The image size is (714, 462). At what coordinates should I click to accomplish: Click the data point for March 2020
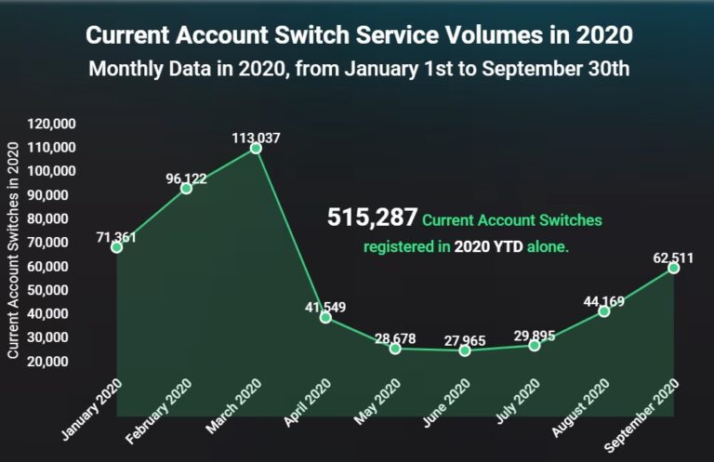pos(256,148)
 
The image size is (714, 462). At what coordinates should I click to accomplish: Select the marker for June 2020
pos(465,350)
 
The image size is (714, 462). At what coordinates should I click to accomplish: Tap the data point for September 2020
pos(673,268)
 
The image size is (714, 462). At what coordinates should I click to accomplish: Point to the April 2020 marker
pos(325,317)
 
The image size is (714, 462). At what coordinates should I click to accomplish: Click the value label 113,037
pos(256,138)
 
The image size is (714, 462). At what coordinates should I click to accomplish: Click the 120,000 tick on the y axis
pos(52,124)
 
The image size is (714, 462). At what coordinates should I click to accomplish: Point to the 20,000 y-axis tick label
pos(56,361)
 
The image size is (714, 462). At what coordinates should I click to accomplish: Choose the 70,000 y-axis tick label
pos(56,243)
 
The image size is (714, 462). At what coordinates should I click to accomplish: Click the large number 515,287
pos(371,218)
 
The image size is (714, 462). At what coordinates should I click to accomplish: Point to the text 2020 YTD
pos(487,247)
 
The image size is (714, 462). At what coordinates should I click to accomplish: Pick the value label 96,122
pos(186,178)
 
